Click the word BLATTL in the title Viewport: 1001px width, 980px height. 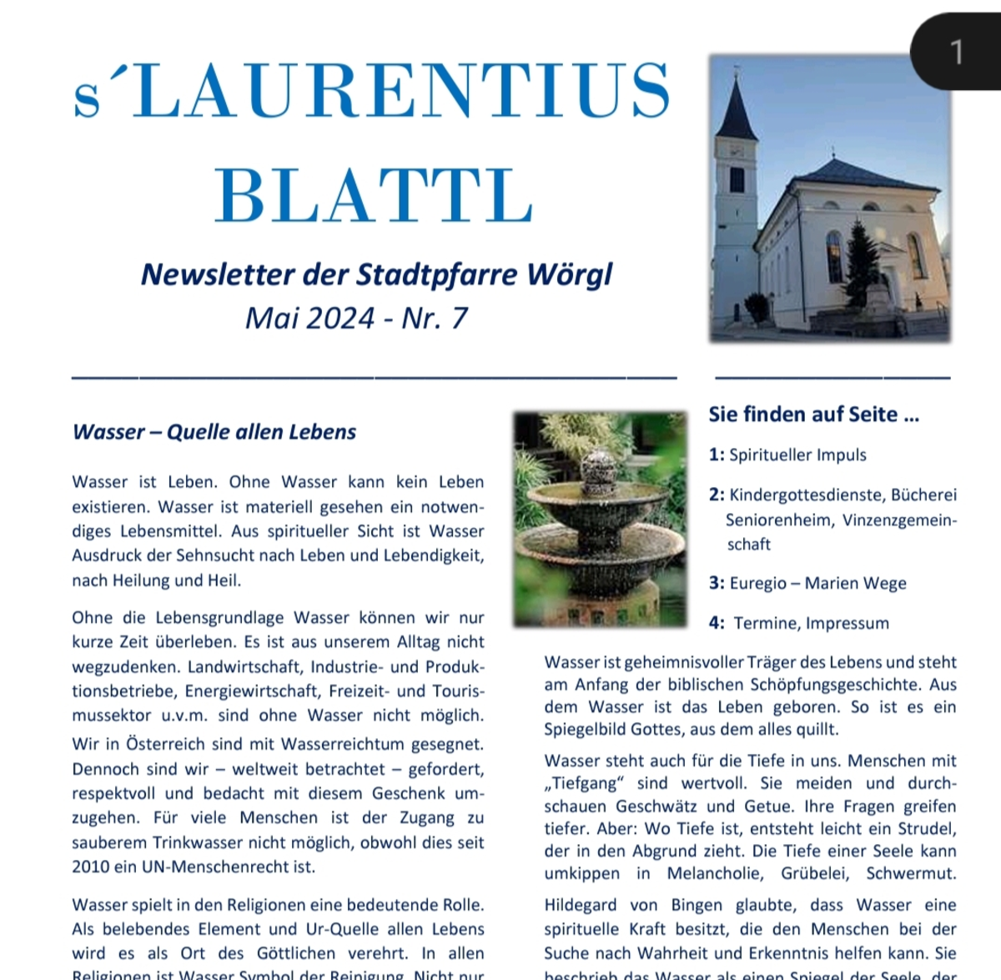pyautogui.click(x=374, y=195)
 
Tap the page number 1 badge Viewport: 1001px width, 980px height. pyautogui.click(x=956, y=52)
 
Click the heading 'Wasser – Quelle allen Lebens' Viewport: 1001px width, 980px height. pyautogui.click(x=214, y=432)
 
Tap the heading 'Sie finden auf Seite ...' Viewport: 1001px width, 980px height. pyautogui.click(x=813, y=415)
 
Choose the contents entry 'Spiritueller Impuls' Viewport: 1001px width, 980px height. pyautogui.click(x=797, y=455)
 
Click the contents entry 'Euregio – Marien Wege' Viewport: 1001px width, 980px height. pyautogui.click(x=817, y=584)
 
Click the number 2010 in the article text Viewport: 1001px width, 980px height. pyautogui.click(x=90, y=867)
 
